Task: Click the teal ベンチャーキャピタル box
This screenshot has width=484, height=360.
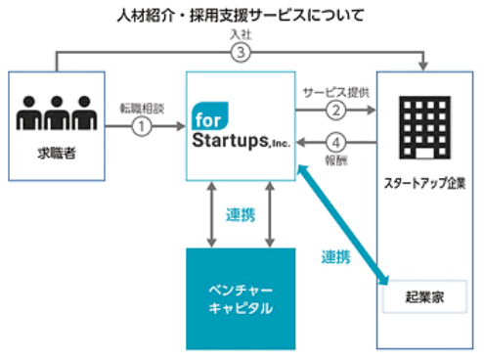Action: point(241,299)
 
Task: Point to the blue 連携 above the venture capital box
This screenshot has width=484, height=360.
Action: point(241,214)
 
